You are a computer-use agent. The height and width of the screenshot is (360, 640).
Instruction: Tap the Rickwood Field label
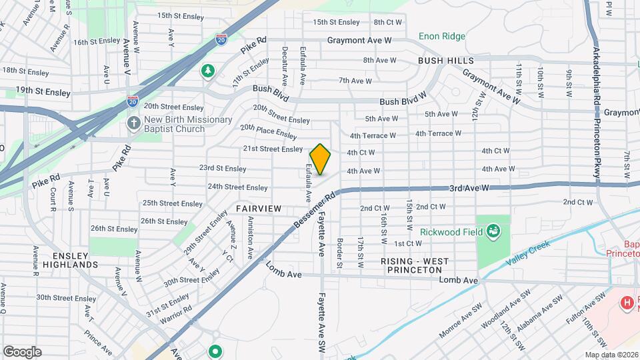pos(453,232)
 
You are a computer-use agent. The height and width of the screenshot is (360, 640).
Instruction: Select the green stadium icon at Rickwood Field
pos(493,232)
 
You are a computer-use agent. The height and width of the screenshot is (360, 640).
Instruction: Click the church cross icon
pos(133,124)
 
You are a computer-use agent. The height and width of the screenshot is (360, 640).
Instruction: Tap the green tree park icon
pos(208,70)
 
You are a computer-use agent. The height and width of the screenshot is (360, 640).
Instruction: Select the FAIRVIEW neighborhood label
pos(259,209)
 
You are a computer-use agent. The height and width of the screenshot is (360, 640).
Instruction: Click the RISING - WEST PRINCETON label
pos(415,265)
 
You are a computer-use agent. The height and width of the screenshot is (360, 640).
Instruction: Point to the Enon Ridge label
pos(443,36)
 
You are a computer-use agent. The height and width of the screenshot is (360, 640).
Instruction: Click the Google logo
pos(22,352)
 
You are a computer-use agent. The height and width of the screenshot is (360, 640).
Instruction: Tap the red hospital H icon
pos(627,304)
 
